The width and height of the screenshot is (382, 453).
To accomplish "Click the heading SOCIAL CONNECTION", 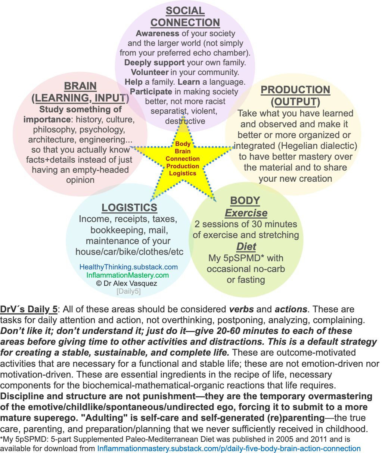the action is [x=185, y=16].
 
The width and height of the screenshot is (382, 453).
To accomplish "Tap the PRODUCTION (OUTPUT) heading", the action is [x=295, y=96].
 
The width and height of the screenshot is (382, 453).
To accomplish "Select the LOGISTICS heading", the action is [x=129, y=207].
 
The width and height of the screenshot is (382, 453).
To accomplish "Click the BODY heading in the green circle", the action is [x=245, y=200].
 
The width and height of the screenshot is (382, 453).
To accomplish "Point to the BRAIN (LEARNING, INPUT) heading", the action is [x=81, y=92].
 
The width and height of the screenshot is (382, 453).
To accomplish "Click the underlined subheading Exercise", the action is [x=246, y=213].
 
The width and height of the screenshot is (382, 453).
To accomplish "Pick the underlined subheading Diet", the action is [x=246, y=247].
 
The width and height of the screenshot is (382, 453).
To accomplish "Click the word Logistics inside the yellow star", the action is [x=183, y=173].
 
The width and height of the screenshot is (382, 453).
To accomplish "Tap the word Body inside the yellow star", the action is [x=183, y=144].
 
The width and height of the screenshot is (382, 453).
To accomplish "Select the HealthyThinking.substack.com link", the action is [x=128, y=267].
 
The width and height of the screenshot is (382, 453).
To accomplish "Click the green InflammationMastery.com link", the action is [x=128, y=275].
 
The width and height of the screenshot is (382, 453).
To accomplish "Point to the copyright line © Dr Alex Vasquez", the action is [x=127, y=283].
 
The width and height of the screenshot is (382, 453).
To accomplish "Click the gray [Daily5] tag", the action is [x=128, y=291].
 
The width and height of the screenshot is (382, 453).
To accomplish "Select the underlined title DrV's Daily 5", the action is [x=29, y=309].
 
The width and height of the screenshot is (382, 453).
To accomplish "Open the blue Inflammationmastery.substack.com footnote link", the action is [x=229, y=449].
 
